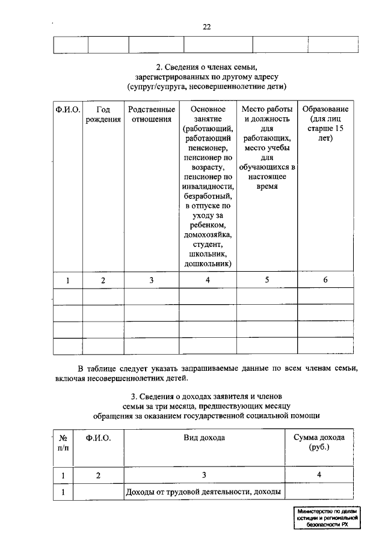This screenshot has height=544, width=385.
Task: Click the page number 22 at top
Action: point(206,26)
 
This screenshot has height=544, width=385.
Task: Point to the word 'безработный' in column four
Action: point(208,196)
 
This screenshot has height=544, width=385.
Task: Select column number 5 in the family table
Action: point(267,280)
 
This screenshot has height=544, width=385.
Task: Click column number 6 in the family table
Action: point(325,280)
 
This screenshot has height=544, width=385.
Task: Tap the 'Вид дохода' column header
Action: point(204,438)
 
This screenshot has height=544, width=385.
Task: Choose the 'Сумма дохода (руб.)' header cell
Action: point(319,442)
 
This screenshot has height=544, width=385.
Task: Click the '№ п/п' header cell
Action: point(63,442)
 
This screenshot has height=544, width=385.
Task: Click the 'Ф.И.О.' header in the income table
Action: point(98,438)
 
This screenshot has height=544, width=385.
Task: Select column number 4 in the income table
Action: point(319,475)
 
